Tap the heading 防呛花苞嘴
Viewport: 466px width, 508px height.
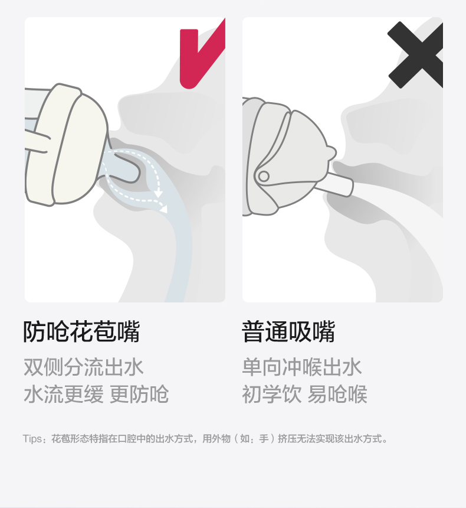(81, 331)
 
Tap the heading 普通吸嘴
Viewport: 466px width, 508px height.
(288, 331)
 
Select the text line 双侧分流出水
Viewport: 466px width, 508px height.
(84, 367)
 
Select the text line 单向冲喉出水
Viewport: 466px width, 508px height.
(301, 367)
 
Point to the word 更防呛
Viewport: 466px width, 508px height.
(139, 394)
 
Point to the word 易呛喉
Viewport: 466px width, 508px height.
(337, 394)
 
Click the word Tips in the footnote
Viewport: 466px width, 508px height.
(32, 439)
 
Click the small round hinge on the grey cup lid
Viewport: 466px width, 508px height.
(264, 177)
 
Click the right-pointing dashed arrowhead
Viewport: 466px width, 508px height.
(164, 209)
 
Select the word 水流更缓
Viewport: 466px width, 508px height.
(64, 394)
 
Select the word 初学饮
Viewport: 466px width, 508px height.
(272, 394)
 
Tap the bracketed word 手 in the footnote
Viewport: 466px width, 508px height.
(264, 439)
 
